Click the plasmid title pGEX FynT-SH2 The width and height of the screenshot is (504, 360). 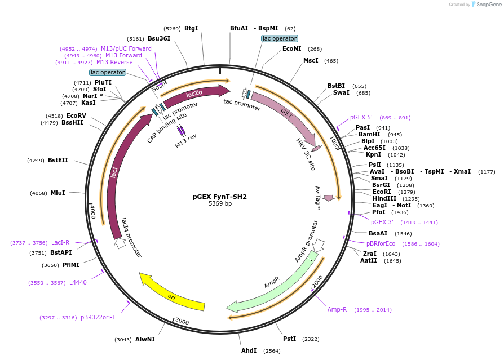click(220, 197)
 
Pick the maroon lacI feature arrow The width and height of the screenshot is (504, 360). click(117, 169)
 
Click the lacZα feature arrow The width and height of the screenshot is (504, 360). click(194, 94)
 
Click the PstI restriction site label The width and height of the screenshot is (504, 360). click(289, 339)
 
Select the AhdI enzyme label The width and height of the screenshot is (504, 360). click(249, 350)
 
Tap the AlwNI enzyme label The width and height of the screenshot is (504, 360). click(145, 339)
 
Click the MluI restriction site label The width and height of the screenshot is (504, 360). click(58, 193)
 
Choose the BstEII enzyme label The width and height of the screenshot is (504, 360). click(58, 161)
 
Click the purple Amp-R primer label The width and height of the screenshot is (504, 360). click(337, 310)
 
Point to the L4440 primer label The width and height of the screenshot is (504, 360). click(78, 282)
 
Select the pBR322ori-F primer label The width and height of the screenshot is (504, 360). click(98, 318)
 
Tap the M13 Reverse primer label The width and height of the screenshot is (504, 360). click(114, 63)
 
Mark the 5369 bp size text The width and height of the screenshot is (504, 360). click(220, 203)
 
